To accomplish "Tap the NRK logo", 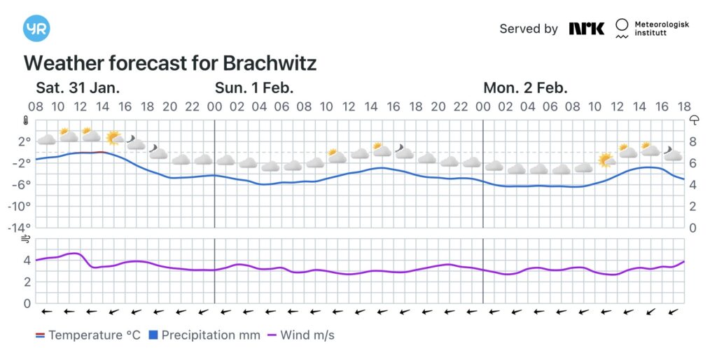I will [x=586, y=29].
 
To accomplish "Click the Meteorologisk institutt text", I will [x=661, y=28].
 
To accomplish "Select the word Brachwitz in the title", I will [x=270, y=63].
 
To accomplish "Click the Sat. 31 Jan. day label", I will [x=78, y=88].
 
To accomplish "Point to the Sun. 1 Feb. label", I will [x=253, y=88].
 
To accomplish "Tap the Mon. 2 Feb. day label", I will [x=525, y=88].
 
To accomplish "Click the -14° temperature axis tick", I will [x=20, y=228].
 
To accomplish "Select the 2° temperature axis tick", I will [x=25, y=141].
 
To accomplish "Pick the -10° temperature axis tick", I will [x=20, y=206].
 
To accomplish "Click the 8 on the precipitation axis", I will [x=693, y=141].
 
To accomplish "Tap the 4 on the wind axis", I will [x=27, y=261].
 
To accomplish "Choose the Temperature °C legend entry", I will [x=88, y=335].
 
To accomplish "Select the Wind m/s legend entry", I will [x=300, y=335].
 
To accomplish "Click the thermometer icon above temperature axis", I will [x=27, y=120].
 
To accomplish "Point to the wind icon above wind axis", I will [x=26, y=240].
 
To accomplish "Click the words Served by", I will [x=529, y=29].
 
